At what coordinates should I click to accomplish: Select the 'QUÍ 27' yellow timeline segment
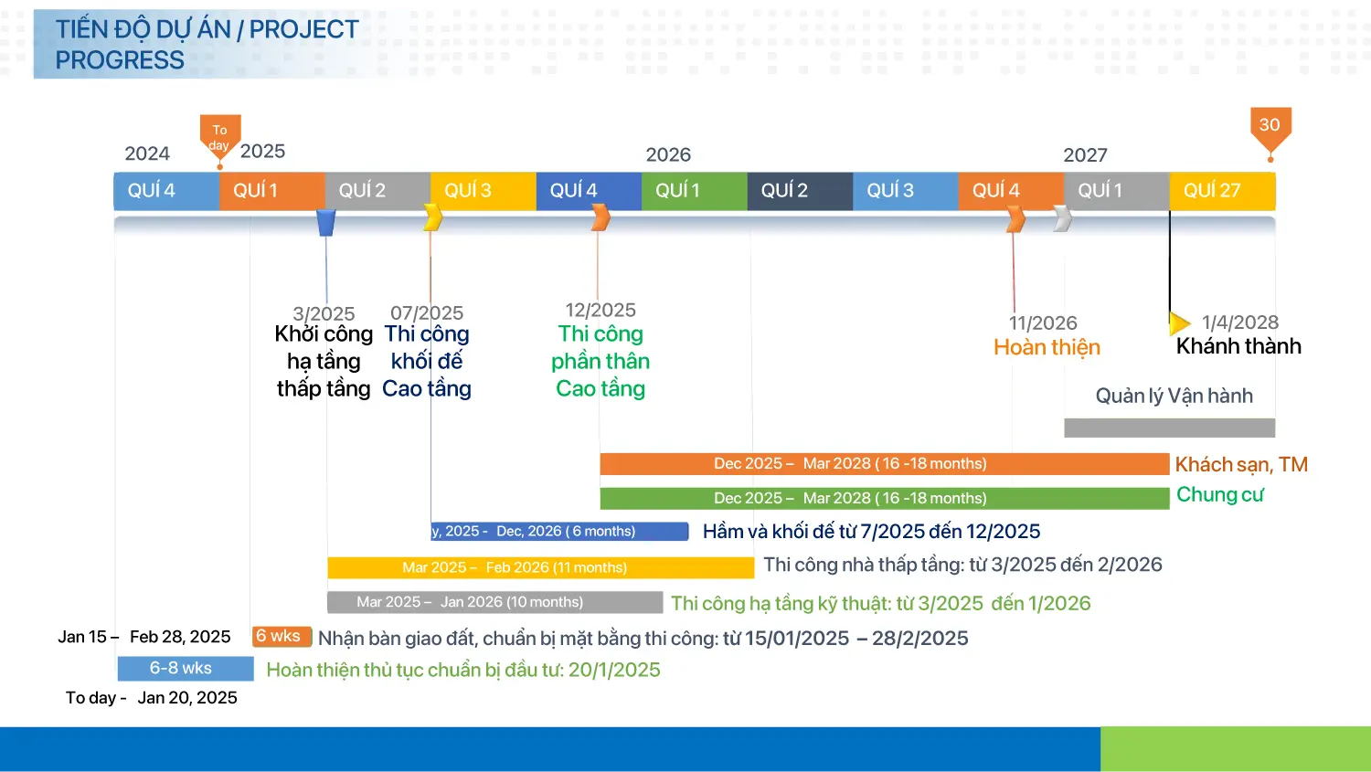(1222, 191)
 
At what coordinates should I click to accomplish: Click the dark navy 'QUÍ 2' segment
(800, 191)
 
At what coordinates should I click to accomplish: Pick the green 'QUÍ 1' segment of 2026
(694, 191)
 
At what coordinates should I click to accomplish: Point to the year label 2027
(1085, 155)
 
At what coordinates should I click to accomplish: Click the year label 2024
(147, 153)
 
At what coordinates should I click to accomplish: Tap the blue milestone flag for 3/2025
(326, 223)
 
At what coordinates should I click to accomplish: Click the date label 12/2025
(600, 310)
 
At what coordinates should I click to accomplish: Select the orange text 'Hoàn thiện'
(1047, 347)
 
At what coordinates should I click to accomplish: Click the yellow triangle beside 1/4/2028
(1179, 323)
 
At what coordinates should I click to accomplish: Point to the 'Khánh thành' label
(1238, 346)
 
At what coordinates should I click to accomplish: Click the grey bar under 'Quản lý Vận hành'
(1170, 428)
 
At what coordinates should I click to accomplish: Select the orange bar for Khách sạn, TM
(885, 464)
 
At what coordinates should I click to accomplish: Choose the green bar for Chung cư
(885, 498)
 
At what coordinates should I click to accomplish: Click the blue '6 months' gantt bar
(559, 531)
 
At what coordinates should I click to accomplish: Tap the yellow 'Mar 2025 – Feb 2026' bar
(540, 567)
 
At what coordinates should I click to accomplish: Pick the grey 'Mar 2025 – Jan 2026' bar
(494, 602)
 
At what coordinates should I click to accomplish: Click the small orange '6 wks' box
(282, 637)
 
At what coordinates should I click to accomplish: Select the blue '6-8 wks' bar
(186, 669)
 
